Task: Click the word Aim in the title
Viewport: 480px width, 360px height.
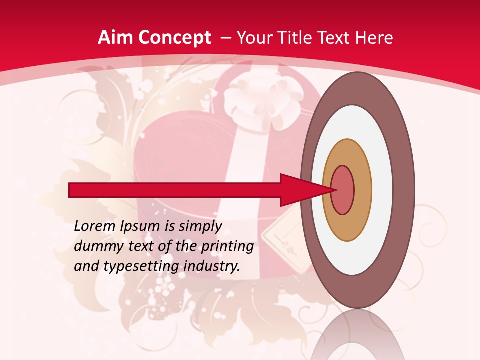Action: click(x=116, y=38)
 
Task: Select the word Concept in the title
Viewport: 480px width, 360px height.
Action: click(x=174, y=38)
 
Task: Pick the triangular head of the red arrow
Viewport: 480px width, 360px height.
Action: click(x=300, y=190)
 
